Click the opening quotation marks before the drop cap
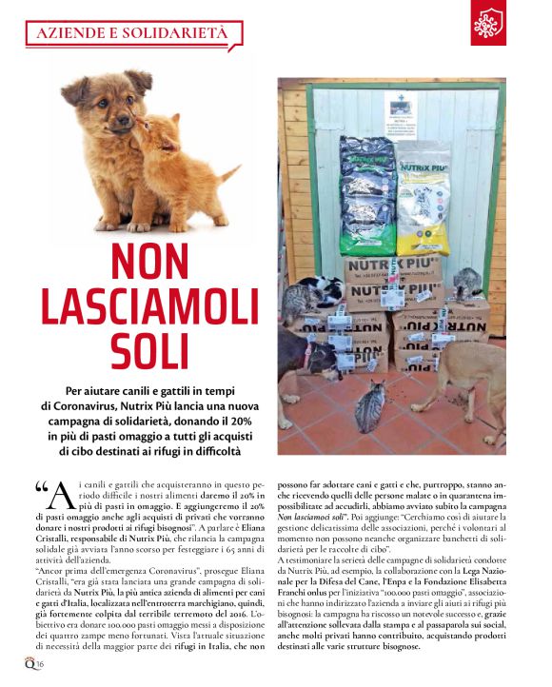41,488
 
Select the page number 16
42,663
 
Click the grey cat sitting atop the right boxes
465,283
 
